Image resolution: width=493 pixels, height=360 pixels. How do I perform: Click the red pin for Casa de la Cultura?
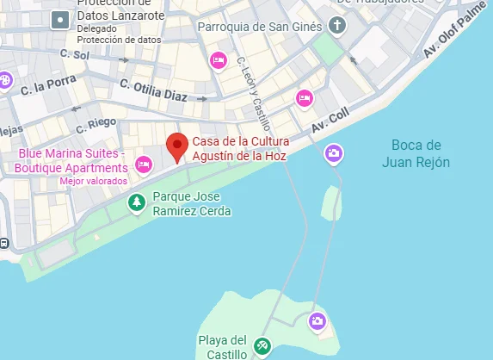(x=177, y=146)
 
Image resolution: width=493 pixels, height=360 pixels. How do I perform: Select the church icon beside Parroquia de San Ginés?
(x=336, y=25)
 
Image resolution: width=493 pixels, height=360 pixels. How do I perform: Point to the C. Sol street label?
(x=75, y=55)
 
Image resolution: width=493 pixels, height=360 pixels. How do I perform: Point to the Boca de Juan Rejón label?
(x=416, y=153)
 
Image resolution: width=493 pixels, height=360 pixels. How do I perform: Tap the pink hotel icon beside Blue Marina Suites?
(x=143, y=164)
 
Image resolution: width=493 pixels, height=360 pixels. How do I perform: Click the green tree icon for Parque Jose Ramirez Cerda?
(x=136, y=202)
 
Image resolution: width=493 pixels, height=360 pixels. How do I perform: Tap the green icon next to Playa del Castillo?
(x=263, y=347)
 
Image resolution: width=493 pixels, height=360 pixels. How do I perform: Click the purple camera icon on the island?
(x=317, y=321)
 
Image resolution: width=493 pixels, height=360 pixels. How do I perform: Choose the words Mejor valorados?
(x=93, y=182)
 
